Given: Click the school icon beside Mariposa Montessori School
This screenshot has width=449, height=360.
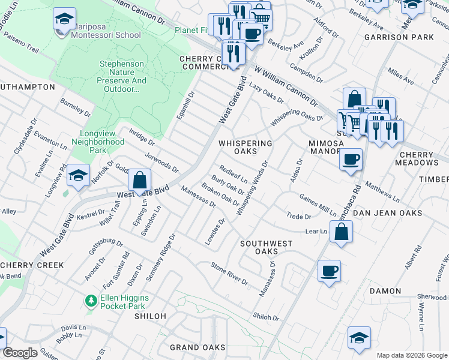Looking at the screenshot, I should (x=64, y=20).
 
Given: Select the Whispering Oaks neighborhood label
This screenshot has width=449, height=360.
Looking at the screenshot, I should (x=245, y=148).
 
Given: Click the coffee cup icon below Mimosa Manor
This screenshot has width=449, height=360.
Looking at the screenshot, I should (x=351, y=161).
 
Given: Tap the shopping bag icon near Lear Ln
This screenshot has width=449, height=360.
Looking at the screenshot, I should (x=340, y=233).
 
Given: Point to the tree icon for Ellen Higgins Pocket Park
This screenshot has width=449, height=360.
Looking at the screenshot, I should (x=91, y=299).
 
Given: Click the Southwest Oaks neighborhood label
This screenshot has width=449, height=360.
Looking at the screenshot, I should (x=267, y=247).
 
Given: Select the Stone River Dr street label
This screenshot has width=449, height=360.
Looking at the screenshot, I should (x=229, y=273).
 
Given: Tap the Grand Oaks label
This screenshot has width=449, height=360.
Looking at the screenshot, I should (x=197, y=347).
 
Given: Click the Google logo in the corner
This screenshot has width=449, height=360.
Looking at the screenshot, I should (x=20, y=353).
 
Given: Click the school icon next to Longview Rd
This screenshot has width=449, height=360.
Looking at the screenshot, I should (x=78, y=176).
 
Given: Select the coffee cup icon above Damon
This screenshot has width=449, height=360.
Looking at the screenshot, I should (x=328, y=271).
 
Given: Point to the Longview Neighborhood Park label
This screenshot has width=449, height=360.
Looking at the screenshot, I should (x=98, y=146).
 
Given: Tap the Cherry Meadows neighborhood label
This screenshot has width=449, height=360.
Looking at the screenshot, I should (x=415, y=158).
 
